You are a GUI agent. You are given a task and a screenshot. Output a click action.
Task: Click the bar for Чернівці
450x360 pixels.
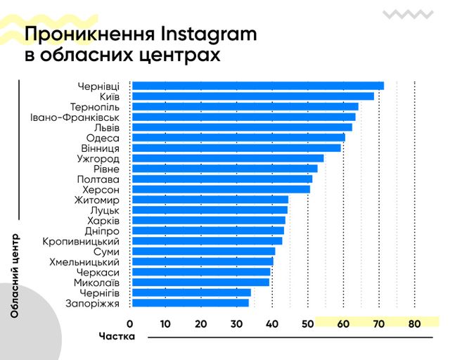coord(257,86)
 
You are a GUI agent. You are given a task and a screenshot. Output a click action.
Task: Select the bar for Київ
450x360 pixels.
coord(252,96)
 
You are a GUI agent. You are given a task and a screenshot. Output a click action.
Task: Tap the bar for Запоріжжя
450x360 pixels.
coord(190,303)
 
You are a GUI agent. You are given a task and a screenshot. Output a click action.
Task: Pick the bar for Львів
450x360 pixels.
coord(242,127)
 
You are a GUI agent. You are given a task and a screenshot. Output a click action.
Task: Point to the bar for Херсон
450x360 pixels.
coord(221,189)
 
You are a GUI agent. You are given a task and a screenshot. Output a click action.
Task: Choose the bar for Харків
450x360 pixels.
coord(208,220)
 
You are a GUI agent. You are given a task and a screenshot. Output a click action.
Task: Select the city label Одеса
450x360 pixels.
coord(103,138)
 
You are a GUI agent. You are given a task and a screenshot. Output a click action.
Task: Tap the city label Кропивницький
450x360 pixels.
coord(81,241)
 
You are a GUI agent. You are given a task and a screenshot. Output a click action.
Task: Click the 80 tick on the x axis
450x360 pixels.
coord(413,324)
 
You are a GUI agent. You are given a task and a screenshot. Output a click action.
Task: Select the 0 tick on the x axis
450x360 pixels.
coord(130,324)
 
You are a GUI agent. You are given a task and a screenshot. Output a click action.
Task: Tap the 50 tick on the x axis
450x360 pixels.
coord(307,324)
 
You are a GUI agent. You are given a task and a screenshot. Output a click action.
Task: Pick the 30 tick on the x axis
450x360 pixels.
coord(236,324)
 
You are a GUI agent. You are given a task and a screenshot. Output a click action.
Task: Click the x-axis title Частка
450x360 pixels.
coord(116,337)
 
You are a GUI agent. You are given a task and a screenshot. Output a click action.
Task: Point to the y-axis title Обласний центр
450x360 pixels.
coord(15,276)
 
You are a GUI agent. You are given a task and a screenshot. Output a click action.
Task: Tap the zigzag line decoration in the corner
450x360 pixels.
coord(407,13)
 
